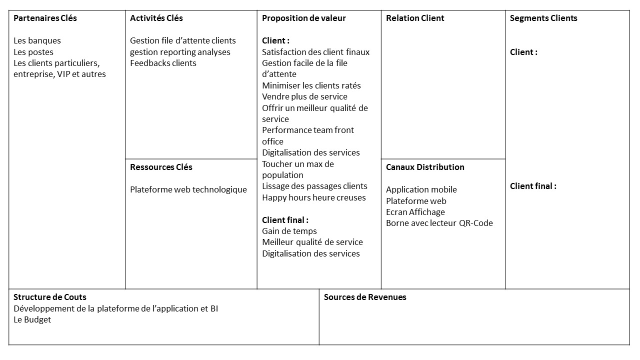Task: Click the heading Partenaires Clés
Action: point(45,18)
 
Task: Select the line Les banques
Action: point(37,41)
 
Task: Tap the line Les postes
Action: point(33,52)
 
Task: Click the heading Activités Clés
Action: point(156,18)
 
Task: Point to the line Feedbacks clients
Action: point(163,63)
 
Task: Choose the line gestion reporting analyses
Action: point(180,52)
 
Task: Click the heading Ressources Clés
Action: point(161,167)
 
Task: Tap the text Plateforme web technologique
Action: point(188,189)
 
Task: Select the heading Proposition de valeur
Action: point(304,18)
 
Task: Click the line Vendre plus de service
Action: point(304,96)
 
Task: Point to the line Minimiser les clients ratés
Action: point(311,85)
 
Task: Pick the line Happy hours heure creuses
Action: point(314,197)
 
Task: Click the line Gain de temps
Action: point(289,231)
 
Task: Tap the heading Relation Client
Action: point(415,18)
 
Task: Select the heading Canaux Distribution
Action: point(425,167)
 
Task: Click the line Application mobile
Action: point(421,189)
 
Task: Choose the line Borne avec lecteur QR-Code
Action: point(439,223)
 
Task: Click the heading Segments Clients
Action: point(543,18)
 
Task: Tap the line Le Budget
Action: point(32,319)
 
